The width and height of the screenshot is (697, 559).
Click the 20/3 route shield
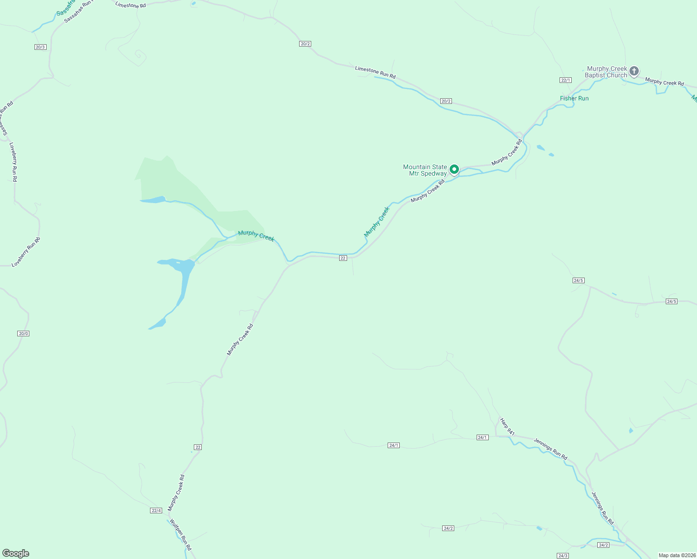41,47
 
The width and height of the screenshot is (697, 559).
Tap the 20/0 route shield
23,334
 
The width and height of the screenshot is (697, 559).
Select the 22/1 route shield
566,80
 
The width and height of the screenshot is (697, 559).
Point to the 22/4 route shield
156,511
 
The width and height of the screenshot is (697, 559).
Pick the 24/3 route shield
563,556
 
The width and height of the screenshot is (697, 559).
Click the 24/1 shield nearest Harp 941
482,437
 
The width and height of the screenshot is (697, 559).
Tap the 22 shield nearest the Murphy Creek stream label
343,258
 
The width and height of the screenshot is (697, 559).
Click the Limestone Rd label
130,5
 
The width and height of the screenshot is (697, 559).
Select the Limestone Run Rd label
375,72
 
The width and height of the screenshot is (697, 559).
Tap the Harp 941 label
507,427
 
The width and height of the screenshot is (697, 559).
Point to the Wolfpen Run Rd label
180,535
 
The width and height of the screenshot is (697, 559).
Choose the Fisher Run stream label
574,98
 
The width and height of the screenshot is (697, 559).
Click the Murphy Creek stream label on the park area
256,236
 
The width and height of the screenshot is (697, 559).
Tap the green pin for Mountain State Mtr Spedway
454,170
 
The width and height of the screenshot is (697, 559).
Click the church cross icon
634,71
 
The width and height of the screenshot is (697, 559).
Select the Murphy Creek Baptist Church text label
606,72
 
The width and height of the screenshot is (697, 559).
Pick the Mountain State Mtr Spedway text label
425,170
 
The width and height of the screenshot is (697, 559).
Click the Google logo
16,553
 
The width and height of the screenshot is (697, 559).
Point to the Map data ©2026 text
676,555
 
